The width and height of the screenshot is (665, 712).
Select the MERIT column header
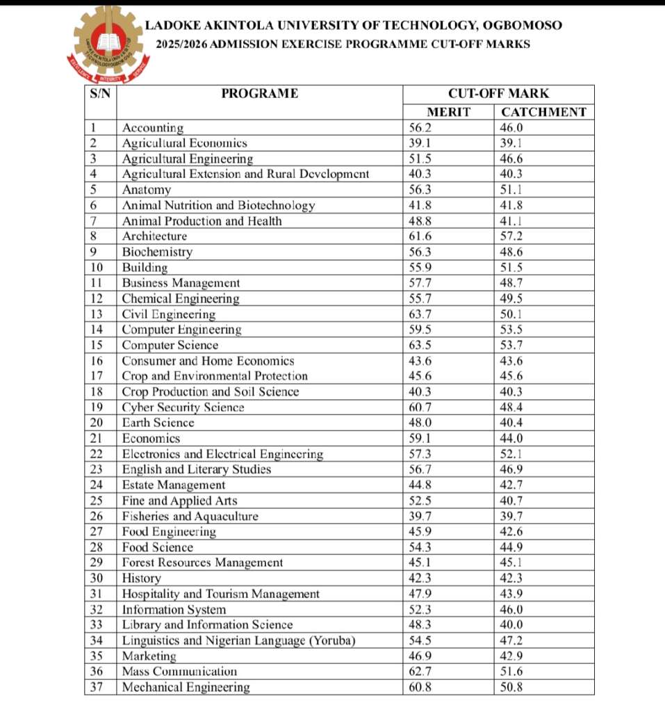point(448,112)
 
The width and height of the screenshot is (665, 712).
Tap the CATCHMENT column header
point(544,112)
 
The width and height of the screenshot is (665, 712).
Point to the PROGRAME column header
point(259,94)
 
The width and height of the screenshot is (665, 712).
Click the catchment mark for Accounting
point(511,128)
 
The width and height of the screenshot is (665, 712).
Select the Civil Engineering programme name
point(169,314)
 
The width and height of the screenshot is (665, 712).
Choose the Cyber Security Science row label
point(183,407)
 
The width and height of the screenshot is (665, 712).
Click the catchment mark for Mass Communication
point(511,672)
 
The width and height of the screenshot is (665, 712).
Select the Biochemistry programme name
point(157,252)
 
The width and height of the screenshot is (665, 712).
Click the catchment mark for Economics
point(511,439)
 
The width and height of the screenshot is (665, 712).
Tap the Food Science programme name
point(158,547)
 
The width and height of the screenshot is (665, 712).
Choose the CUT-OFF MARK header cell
point(498,94)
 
